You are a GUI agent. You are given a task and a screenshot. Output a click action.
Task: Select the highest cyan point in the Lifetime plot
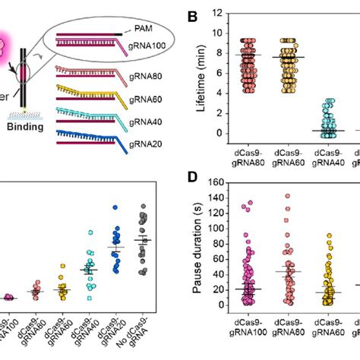click(x=324, y=99)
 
